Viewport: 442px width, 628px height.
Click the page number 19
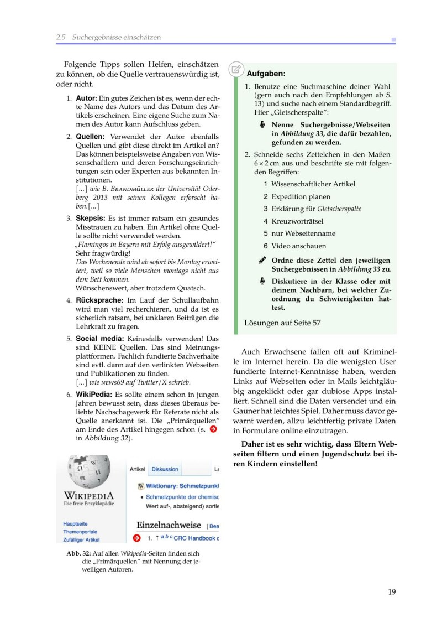point(392,592)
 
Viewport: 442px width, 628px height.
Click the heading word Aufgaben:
point(266,73)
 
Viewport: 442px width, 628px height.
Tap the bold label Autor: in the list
point(86,98)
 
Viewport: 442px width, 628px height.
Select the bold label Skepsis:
point(90,219)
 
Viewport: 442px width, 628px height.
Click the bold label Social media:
point(100,338)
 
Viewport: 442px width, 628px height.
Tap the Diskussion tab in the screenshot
point(165,469)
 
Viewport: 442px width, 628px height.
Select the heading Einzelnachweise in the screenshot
point(169,525)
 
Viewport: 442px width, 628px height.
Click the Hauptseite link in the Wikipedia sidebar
point(75,523)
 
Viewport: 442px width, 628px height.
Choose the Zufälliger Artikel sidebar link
point(81,539)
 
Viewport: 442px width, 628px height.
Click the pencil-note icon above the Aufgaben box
point(236,69)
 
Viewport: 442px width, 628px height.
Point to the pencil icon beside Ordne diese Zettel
point(262,260)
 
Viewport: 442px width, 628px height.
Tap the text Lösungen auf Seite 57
point(282,323)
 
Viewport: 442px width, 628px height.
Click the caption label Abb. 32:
point(78,553)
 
